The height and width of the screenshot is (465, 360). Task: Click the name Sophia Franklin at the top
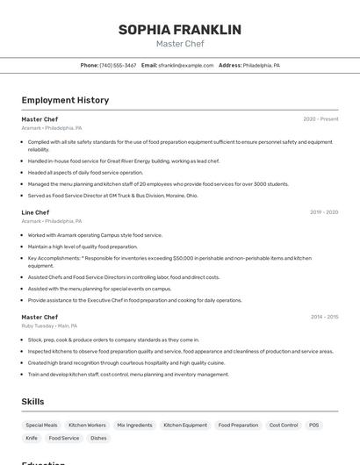point(179,30)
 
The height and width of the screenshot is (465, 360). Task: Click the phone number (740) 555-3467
point(118,65)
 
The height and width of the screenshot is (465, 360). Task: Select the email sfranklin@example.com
point(185,65)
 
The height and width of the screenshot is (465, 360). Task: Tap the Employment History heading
point(65,100)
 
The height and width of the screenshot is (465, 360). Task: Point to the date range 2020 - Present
point(320,119)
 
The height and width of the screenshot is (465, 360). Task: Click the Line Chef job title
point(35,212)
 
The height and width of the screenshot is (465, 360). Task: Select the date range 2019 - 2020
point(324,212)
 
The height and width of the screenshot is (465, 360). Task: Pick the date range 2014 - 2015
point(324,317)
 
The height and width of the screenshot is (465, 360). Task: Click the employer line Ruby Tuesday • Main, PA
point(49,325)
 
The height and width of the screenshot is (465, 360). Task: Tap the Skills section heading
point(33,402)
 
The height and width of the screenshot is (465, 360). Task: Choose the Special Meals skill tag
point(42,425)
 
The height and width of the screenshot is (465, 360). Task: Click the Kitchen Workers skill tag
point(87,425)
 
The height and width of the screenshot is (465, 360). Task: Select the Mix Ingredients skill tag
point(134,425)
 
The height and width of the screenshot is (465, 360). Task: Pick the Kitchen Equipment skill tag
point(184,425)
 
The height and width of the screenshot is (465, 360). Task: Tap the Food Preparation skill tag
point(238,425)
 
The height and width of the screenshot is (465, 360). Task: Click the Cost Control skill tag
point(284,425)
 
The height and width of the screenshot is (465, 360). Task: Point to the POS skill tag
point(313,425)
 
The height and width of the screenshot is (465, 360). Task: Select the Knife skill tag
point(32,438)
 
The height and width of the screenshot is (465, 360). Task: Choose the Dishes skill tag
point(98,438)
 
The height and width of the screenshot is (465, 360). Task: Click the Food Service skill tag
point(64,438)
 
